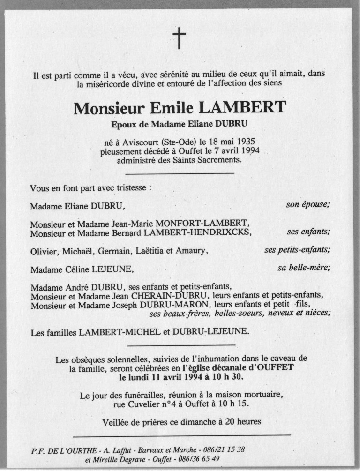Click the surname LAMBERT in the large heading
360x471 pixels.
click(242, 108)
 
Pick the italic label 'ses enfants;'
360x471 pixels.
click(308, 232)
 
